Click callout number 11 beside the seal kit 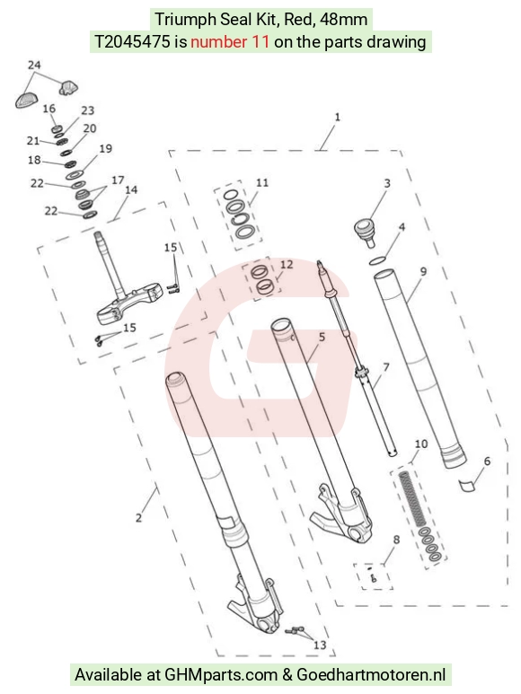coord(262,182)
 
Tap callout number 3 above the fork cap coord(387,183)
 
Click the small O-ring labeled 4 coord(377,261)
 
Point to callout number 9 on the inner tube coord(423,271)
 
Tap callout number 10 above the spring coord(421,444)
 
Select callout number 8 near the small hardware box coord(396,539)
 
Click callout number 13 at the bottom coord(320,645)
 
